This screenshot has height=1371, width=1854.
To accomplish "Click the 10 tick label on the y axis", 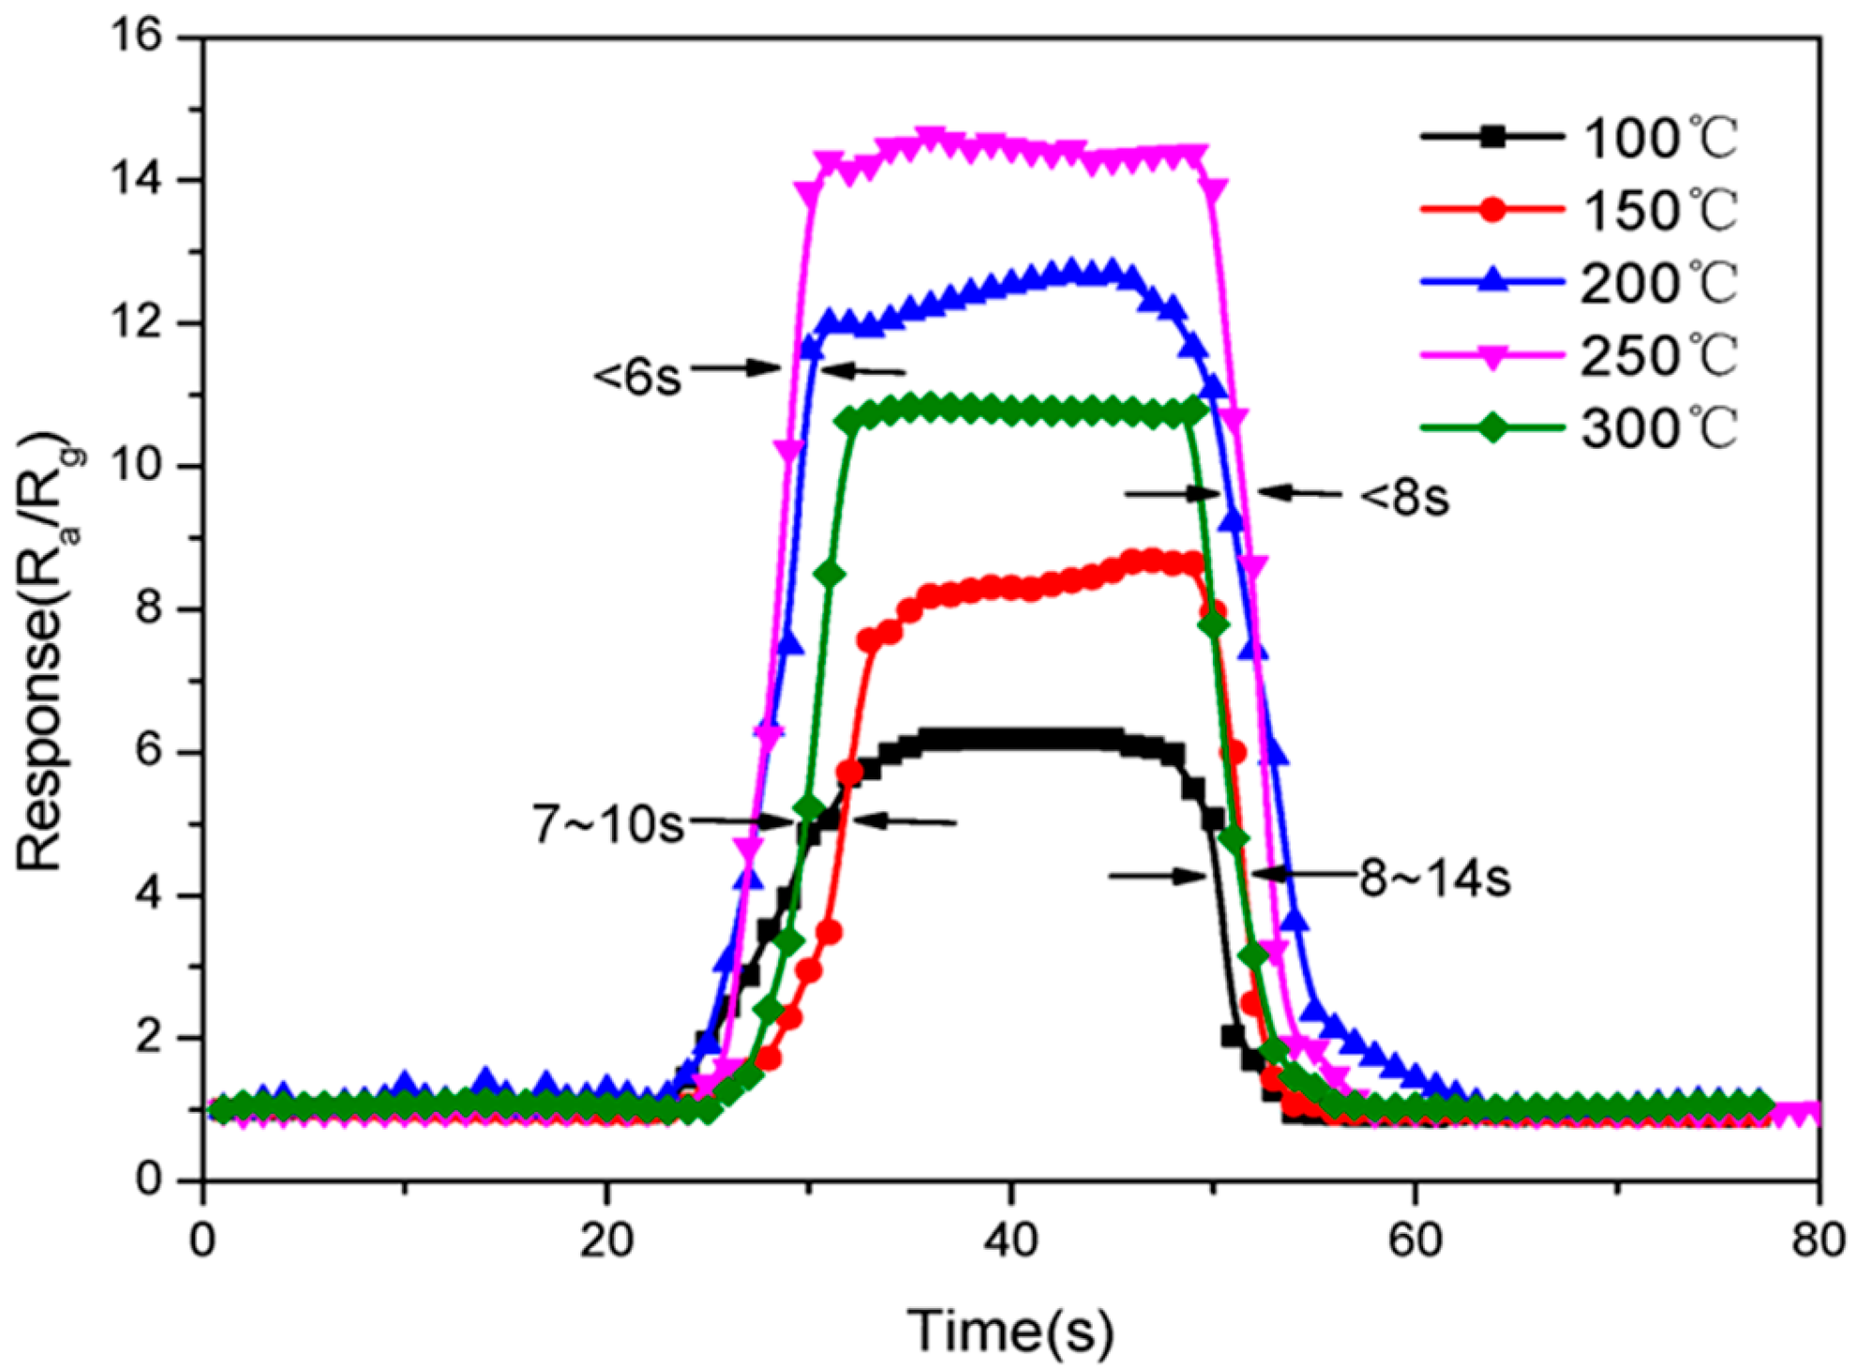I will [x=135, y=467].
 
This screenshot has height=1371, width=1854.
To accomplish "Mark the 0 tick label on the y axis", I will [x=150, y=1179].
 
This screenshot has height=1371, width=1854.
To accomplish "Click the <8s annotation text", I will [x=1404, y=497].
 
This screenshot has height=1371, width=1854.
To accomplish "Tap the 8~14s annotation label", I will [x=1435, y=878].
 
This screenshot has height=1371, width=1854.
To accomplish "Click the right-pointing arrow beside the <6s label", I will [x=737, y=367].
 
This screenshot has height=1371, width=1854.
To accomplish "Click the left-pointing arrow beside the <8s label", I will [x=1299, y=492].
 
